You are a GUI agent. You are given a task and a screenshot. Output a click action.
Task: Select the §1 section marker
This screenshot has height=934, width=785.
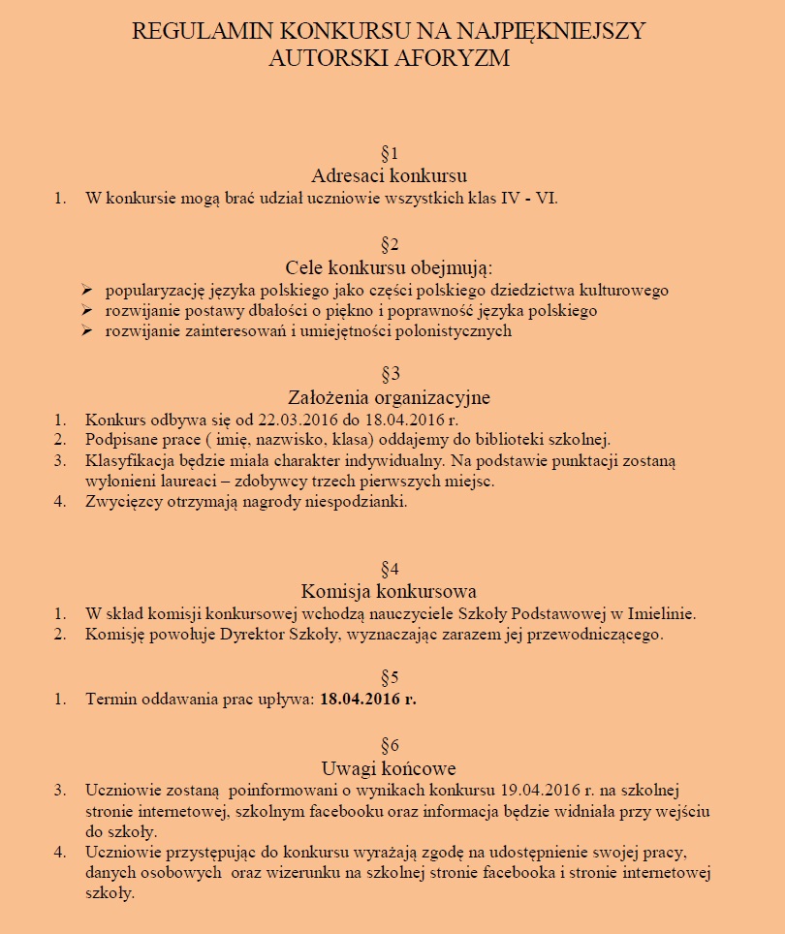[x=390, y=153]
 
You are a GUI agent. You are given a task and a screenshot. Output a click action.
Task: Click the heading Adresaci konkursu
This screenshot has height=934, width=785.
[x=390, y=175]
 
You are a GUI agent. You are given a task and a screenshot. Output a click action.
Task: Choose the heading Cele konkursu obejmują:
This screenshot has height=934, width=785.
[x=390, y=266]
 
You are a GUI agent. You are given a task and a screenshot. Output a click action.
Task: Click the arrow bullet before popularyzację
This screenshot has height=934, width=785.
[x=86, y=290]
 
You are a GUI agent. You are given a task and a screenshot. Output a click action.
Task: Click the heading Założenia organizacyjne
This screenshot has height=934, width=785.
[x=390, y=397]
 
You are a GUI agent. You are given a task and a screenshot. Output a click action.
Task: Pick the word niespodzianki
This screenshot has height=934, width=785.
[x=360, y=502]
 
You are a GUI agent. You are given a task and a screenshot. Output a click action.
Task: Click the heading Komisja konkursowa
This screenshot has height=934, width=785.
[x=390, y=591]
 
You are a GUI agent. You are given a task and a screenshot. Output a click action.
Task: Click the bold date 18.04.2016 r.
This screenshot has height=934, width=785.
[x=368, y=699]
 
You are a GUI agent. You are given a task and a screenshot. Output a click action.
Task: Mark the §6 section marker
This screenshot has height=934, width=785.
[x=390, y=745]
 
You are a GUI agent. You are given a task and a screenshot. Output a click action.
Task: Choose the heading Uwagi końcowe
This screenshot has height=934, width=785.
[x=390, y=768]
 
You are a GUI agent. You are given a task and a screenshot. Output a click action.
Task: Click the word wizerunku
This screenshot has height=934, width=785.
[x=286, y=873]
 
